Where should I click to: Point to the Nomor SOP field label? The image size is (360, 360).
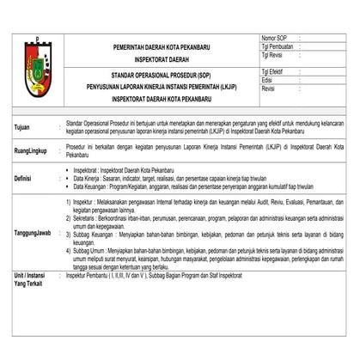point(273,39)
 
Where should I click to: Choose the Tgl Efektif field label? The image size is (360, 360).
point(272,73)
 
